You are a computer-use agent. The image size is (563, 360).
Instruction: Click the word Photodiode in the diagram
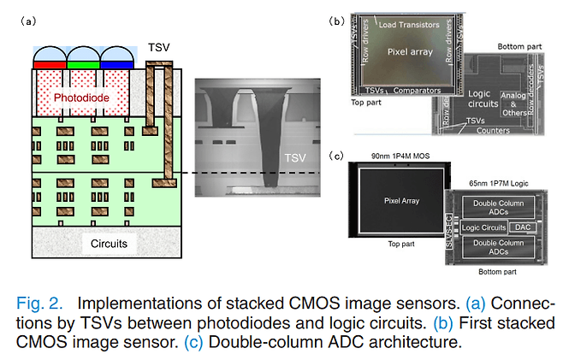(83, 98)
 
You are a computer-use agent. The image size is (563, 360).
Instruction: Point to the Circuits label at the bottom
(109, 244)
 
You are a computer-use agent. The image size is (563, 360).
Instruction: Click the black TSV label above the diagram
(159, 48)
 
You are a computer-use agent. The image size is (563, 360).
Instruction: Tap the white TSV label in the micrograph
(295, 158)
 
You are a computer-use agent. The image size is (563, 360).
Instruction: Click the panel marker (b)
(337, 20)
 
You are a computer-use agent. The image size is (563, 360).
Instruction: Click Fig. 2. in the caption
(40, 304)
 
